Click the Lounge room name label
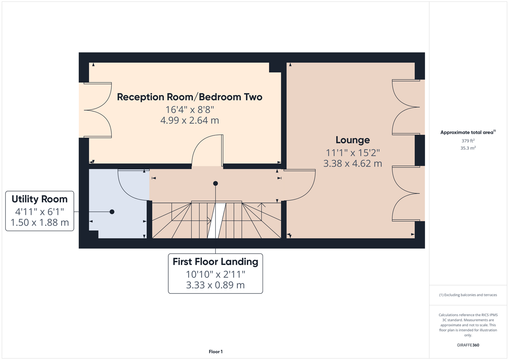tap(353, 140)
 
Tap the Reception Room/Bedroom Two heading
tap(189, 97)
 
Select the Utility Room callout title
tap(40, 199)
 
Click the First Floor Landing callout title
tap(215, 261)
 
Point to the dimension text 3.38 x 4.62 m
tap(353, 163)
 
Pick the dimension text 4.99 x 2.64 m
tap(189, 120)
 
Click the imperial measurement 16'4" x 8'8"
tap(189, 110)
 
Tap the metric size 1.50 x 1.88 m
tap(40, 222)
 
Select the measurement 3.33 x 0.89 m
tap(215, 285)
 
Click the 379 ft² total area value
tap(468, 141)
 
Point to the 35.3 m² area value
tap(468, 148)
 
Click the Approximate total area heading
tap(468, 132)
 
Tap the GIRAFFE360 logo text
tap(468, 345)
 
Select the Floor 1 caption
tap(216, 352)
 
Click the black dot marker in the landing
tap(215, 183)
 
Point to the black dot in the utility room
tap(112, 212)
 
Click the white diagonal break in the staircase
tap(216, 221)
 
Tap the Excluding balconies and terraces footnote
tap(468, 295)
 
